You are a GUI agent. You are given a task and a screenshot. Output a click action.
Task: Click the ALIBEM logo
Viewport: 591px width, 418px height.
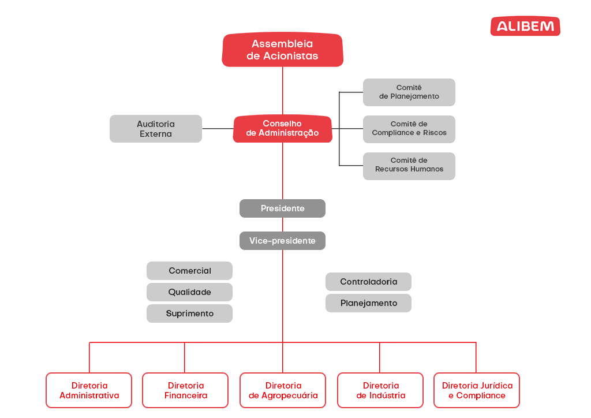525,26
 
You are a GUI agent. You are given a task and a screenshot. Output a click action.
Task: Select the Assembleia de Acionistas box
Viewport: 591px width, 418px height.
282,50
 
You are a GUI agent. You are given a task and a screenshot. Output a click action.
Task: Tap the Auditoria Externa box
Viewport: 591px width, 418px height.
156,129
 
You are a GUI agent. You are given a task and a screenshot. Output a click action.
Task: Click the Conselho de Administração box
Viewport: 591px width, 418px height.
282,128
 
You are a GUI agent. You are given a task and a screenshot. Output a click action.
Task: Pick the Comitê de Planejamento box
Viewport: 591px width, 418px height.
409,92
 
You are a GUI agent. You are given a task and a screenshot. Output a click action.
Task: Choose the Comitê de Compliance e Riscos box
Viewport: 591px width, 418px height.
409,129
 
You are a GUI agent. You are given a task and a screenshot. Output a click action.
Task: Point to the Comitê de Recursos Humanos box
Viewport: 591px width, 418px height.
409,165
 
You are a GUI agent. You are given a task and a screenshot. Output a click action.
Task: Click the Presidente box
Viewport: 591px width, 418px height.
282,208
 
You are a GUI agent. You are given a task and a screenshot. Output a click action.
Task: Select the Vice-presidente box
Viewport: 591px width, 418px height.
282,241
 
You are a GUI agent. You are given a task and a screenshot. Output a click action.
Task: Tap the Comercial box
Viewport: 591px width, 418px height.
189,271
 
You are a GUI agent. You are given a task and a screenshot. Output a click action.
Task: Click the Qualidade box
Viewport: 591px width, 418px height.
189,292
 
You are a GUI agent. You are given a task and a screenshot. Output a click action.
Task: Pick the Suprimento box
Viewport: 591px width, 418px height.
189,313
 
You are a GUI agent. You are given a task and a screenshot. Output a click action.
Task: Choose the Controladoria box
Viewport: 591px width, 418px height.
368,282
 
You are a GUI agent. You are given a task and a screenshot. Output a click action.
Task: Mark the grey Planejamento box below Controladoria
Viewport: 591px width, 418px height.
368,303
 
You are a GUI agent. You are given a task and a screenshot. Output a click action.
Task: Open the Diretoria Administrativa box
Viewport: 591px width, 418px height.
89,390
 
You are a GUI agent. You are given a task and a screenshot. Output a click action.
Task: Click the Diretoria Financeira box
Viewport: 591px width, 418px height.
185,390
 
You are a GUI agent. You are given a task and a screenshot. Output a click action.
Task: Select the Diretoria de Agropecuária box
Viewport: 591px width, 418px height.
283,390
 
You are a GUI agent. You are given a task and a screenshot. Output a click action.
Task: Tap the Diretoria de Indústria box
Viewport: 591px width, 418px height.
380,390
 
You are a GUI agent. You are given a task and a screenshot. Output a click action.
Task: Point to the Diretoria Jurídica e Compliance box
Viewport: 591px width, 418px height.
477,390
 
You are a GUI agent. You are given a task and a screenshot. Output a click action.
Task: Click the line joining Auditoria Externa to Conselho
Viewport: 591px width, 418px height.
218,129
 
